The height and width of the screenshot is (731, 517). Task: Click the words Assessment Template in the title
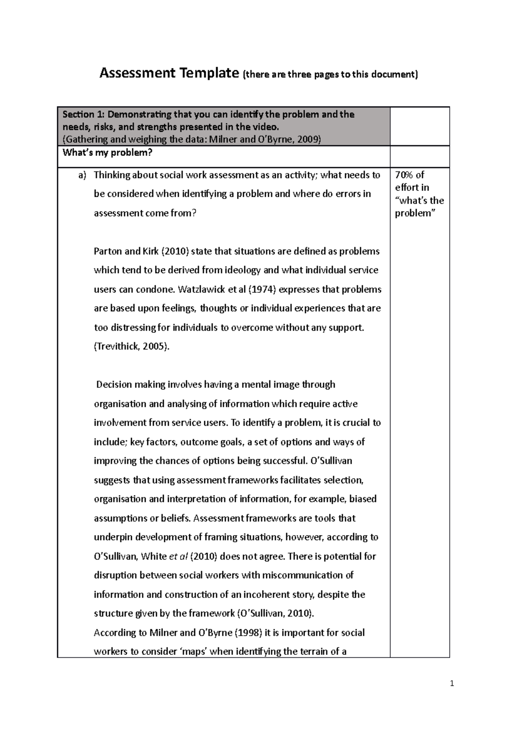point(168,74)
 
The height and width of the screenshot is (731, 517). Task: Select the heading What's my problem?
point(107,153)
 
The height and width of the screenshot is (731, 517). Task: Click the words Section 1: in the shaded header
point(84,115)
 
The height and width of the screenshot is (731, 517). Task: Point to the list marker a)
point(82,175)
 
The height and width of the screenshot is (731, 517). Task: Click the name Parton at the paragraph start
point(106,251)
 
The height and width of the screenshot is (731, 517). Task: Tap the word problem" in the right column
point(413,213)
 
